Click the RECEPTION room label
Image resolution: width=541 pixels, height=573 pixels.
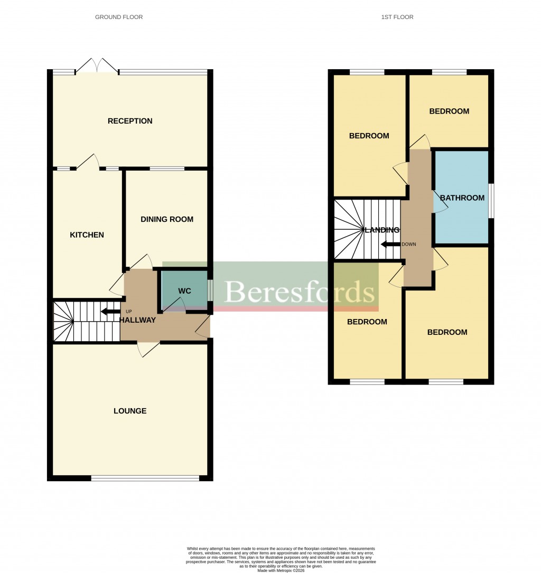tap(130, 121)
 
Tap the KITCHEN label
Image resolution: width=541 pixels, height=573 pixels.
tap(87, 235)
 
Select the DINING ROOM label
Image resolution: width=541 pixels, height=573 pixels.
tap(167, 219)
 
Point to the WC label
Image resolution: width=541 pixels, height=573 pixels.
tap(184, 291)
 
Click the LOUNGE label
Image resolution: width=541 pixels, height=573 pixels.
tap(130, 411)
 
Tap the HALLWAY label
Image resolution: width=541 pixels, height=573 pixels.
tap(137, 320)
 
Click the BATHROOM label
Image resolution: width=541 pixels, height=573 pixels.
tap(462, 198)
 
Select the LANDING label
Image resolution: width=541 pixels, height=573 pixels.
tap(382, 230)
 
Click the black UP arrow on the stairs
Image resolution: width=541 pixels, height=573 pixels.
tap(110, 311)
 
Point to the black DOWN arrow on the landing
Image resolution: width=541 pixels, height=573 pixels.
tap(390, 245)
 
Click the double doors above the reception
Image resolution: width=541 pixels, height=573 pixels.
tap(97, 66)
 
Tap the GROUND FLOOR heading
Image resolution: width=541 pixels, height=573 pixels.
tap(119, 17)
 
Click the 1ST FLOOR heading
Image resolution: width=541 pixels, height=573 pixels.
tap(397, 17)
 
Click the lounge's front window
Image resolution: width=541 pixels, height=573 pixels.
tap(145, 478)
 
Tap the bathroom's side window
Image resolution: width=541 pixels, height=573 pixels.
tap(491, 201)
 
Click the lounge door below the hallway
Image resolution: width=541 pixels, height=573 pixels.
tap(149, 349)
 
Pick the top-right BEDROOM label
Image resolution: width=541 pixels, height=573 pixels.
tap(449, 111)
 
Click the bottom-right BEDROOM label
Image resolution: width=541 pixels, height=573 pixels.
tap(447, 332)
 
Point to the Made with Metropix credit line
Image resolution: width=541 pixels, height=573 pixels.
tap(281, 570)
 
